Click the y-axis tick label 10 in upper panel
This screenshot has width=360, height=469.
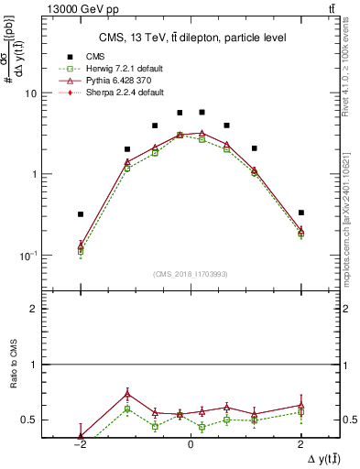31,93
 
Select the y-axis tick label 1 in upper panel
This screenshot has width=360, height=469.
34,174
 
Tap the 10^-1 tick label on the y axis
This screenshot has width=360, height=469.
27,255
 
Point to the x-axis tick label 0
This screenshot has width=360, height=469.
191,444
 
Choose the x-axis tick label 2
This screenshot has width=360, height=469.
301,444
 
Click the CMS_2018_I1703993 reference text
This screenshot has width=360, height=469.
191,274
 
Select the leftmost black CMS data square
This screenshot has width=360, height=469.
81,214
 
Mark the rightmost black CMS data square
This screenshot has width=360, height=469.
301,213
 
